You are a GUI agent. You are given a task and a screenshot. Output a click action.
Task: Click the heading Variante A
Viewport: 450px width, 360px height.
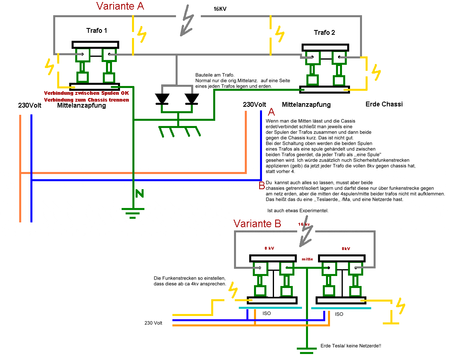pos(120,6)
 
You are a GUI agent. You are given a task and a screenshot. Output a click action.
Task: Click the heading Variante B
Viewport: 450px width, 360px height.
pos(257,224)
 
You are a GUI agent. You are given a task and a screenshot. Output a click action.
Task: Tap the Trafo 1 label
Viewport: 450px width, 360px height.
pos(96,30)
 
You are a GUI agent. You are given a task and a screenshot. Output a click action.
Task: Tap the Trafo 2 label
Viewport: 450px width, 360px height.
pos(324,32)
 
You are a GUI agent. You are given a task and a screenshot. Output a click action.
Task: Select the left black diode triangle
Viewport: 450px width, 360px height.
pos(162,98)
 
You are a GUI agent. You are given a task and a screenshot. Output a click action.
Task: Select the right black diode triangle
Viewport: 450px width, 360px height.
pos(191,98)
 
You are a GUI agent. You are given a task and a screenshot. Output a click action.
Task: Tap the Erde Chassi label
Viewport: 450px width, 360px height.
pos(384,104)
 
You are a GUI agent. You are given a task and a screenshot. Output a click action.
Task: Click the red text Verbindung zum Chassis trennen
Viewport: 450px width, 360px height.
pos(86,100)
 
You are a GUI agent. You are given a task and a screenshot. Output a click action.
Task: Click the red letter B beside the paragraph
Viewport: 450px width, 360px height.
pos(262,185)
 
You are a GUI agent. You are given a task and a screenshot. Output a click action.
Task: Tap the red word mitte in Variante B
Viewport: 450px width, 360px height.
pos(307,259)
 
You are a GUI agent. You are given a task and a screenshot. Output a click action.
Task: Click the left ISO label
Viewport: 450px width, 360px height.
pos(266,314)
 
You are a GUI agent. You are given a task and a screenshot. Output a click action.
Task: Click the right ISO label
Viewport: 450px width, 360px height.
pos(339,314)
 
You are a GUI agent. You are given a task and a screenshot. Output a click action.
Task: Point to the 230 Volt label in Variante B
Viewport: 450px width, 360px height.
pos(153,323)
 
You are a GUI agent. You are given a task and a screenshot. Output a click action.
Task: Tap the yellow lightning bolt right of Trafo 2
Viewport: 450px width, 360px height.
pos(376,72)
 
